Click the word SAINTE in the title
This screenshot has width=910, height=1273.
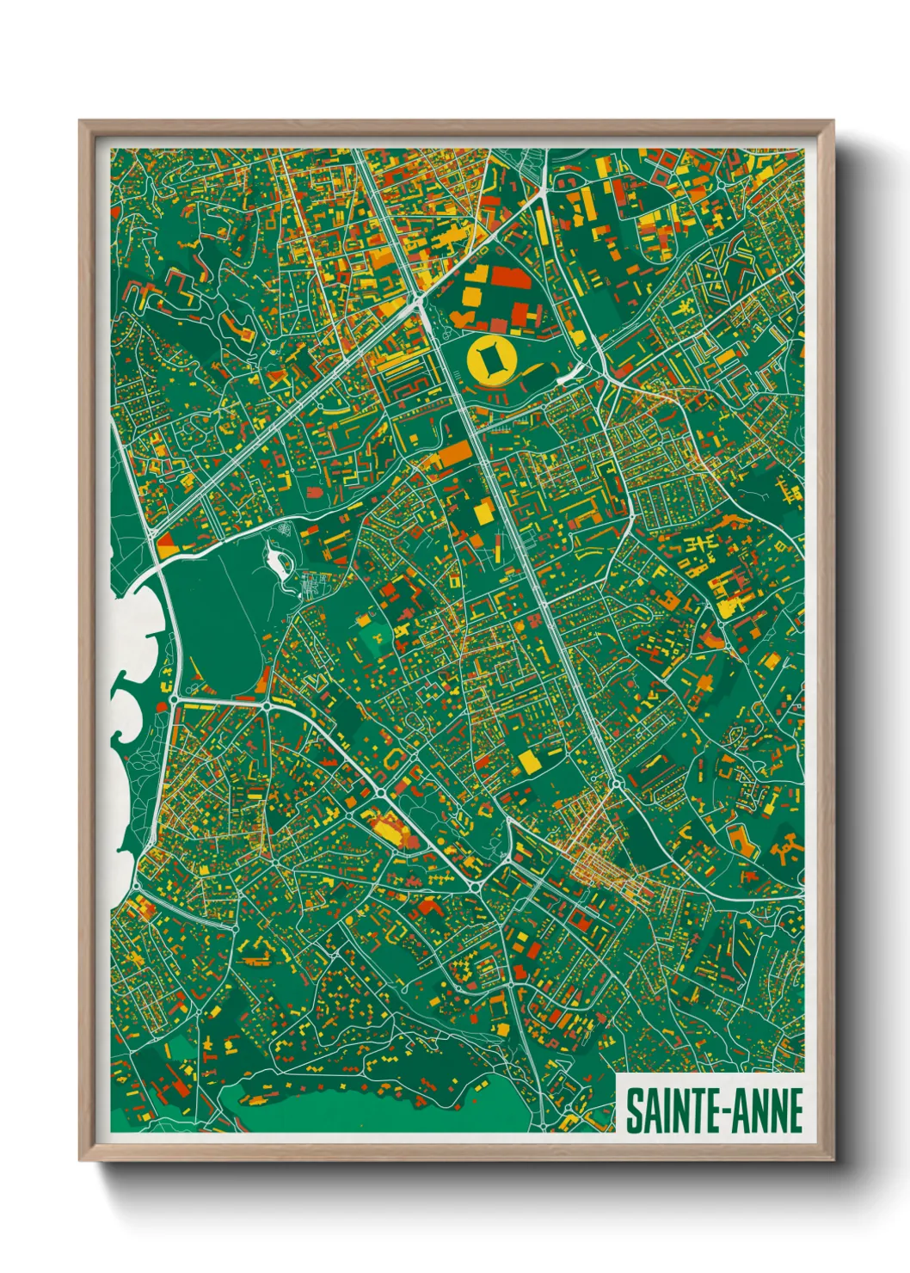(673, 1111)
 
